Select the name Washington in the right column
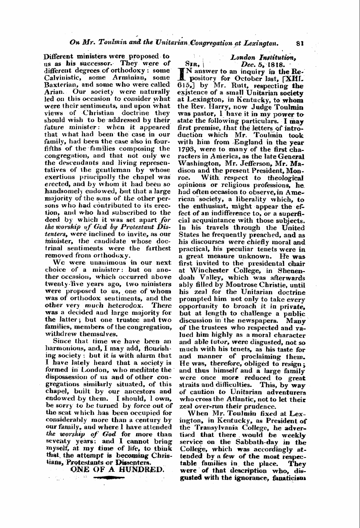tap(196, 163)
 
